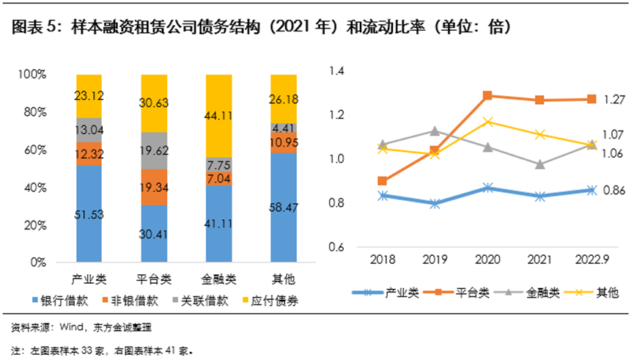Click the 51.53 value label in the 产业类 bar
tap(89, 214)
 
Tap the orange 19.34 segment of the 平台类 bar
tap(153, 188)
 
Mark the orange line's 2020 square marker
tap(487, 95)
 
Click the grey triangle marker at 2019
tap(435, 131)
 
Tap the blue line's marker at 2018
tap(382, 196)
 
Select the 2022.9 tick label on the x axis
tap(591, 260)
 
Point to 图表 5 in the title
tap(31, 28)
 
